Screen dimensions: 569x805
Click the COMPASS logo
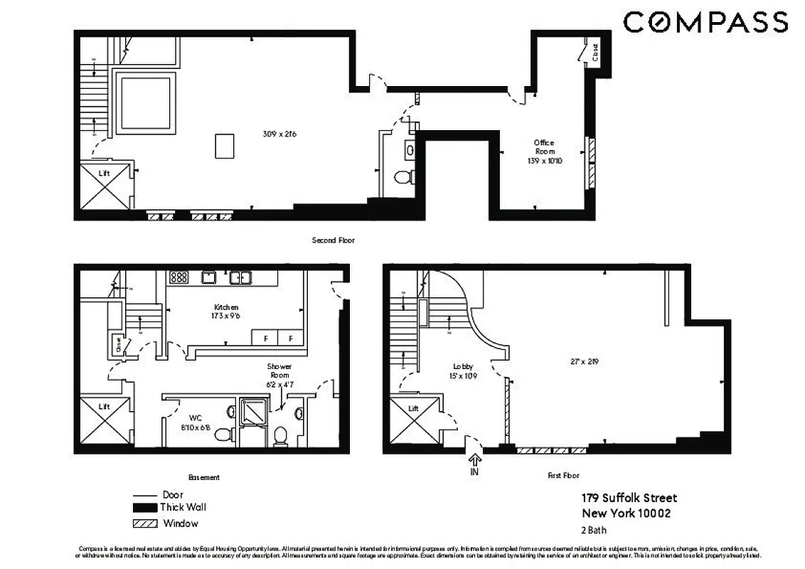[x=705, y=22]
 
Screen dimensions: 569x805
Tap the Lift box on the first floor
[x=413, y=424]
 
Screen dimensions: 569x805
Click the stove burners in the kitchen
[x=178, y=277]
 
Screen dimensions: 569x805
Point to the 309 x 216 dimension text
[x=279, y=133]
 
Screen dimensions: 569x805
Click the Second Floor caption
[x=333, y=240]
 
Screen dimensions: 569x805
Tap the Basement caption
[x=204, y=477]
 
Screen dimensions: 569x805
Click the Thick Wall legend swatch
[x=144, y=508]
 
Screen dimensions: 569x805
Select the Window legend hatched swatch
[x=144, y=523]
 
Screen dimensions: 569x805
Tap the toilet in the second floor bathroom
[x=403, y=176]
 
